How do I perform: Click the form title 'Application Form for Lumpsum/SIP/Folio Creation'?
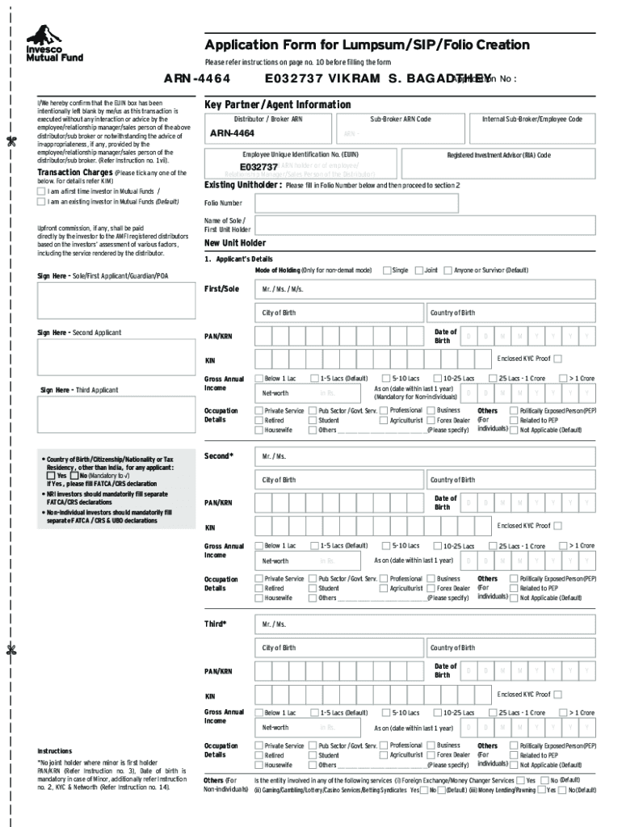tap(367, 45)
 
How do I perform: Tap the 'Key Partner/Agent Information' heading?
tap(277, 105)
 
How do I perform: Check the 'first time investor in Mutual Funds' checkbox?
tap(42, 191)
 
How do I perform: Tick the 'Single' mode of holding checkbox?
tap(387, 270)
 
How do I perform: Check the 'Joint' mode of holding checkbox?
tap(419, 270)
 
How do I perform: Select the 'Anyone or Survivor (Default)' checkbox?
tap(448, 270)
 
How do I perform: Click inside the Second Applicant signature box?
tap(113, 357)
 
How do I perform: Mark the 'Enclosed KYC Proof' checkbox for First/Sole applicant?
tap(557, 359)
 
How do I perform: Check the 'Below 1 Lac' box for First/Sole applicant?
tap(259, 378)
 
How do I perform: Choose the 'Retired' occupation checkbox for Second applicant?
tap(259, 589)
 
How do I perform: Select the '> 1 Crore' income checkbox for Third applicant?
tap(564, 712)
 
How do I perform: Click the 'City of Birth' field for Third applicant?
tap(339, 649)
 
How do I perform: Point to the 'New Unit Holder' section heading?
tap(235, 243)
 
